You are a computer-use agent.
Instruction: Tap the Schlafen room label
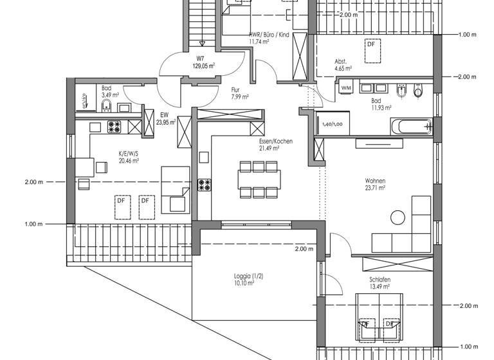tap(380, 280)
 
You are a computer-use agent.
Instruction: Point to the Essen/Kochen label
tap(264, 141)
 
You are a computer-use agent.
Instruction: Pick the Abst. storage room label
tap(340, 62)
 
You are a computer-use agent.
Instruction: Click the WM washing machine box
tap(346, 87)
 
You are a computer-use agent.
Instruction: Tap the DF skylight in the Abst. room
tap(371, 51)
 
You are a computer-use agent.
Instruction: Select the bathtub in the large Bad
tap(410, 126)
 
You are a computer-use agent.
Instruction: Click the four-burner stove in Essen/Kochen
tap(205, 185)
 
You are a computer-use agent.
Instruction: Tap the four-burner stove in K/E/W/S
tap(114, 127)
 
